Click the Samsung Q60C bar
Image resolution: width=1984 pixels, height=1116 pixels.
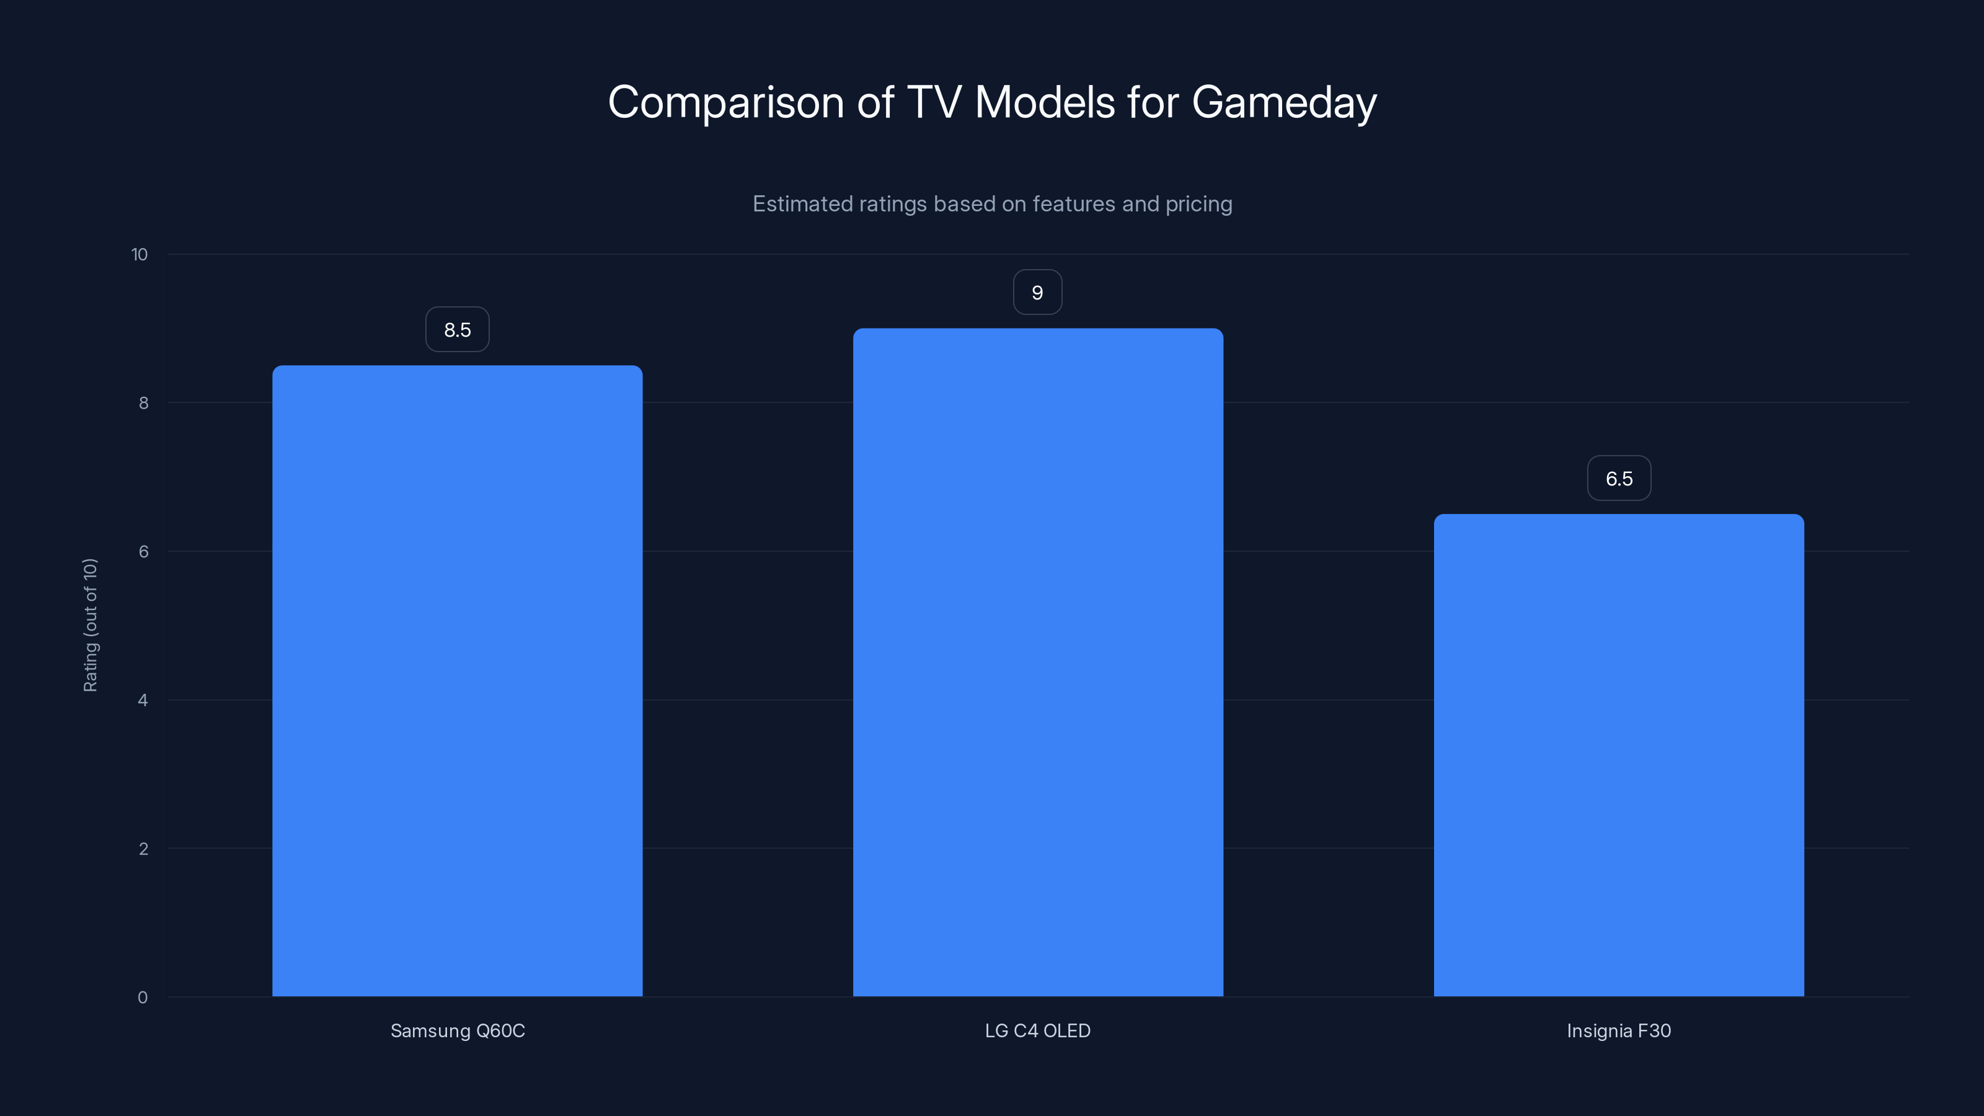click(458, 681)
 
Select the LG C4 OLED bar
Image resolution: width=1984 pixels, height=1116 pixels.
click(1037, 662)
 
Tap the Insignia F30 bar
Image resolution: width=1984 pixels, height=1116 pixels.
click(1618, 755)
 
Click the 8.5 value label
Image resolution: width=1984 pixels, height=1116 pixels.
click(458, 330)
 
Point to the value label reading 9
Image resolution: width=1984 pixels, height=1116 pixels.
click(1037, 293)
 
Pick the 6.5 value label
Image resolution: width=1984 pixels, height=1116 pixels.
click(1619, 478)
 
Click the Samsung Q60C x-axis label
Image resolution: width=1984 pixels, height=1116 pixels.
click(458, 1030)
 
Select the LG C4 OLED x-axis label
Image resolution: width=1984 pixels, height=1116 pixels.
click(1037, 1030)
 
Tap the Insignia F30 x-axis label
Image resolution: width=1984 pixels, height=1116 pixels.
click(1618, 1030)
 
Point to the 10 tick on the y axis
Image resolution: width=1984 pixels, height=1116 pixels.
click(139, 254)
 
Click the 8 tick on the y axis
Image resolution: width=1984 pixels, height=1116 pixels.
click(143, 403)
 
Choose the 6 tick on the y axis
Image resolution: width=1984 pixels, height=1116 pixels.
click(143, 551)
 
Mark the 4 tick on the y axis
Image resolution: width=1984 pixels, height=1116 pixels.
click(143, 700)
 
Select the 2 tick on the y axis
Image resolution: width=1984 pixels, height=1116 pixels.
click(143, 849)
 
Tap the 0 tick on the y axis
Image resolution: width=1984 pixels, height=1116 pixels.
click(143, 998)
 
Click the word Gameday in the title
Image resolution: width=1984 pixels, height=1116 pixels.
click(1284, 102)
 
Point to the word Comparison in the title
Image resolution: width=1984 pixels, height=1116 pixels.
click(725, 102)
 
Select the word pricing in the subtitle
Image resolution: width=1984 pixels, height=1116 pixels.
click(1198, 204)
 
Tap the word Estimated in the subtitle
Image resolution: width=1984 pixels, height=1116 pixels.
click(801, 204)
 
